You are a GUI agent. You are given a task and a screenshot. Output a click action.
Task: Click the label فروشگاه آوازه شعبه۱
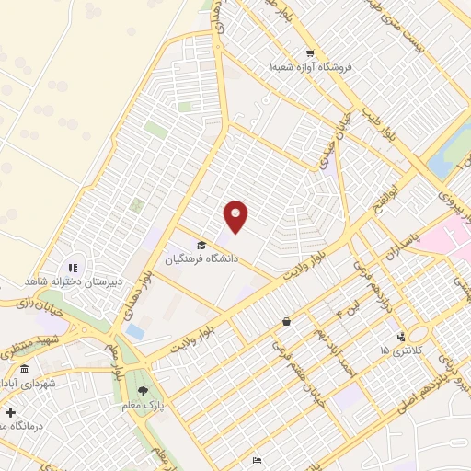pos(312,67)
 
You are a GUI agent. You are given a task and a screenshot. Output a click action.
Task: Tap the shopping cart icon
pos(311,53)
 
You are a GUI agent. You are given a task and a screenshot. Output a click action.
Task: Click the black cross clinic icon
pos(10,412)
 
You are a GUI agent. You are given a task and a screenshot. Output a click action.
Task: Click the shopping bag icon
pos(287,322)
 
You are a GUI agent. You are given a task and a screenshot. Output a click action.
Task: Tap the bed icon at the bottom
pos(257,460)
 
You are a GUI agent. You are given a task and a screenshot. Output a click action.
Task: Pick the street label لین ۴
pos(344,314)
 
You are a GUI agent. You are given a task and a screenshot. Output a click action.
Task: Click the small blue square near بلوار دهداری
pos(135,330)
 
